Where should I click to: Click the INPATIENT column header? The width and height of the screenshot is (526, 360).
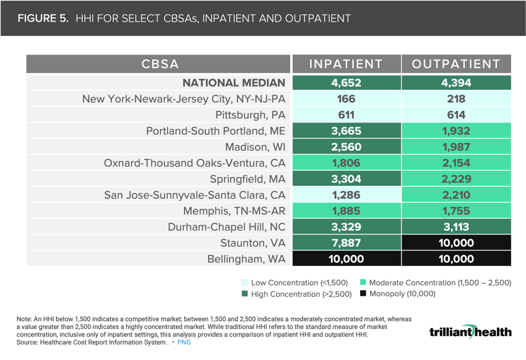[345, 64]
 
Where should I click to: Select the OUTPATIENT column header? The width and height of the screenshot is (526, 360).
[456, 64]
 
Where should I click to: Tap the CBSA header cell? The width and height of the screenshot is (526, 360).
[160, 64]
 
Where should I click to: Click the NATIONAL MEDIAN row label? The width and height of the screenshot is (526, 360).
[233, 83]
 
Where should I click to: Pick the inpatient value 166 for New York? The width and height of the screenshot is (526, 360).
[345, 99]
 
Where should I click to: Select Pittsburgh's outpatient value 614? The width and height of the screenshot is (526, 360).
[456, 115]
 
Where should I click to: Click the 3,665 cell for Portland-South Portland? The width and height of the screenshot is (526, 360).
[345, 131]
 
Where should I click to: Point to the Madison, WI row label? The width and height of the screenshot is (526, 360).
[255, 147]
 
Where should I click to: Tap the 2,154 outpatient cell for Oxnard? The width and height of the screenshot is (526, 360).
[456, 163]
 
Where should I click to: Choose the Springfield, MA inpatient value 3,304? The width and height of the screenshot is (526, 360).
[345, 179]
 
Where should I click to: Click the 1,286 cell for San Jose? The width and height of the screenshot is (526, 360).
[345, 195]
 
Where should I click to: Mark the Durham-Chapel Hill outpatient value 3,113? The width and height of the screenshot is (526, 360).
[456, 227]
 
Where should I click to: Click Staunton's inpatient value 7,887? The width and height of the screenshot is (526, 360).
[345, 243]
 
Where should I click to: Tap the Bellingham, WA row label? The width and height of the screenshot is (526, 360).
[246, 259]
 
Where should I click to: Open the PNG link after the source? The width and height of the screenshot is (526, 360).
[184, 342]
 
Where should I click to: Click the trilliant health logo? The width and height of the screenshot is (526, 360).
[470, 332]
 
